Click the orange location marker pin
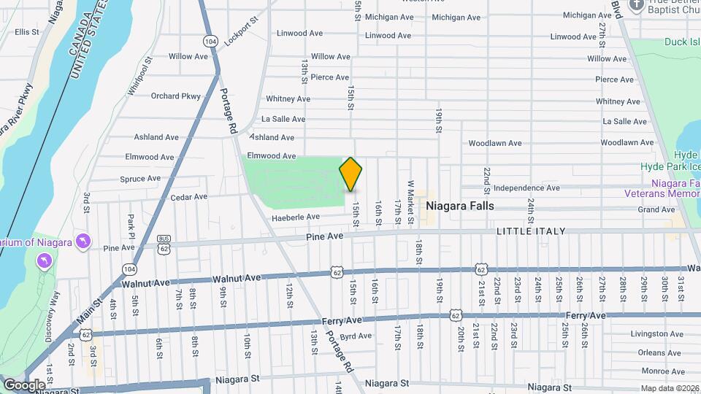tap(350, 174)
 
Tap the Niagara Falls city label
tap(459, 206)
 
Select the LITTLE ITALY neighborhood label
tap(531, 231)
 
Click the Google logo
tap(25, 385)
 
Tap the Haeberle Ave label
tap(296, 217)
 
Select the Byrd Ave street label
tap(356, 336)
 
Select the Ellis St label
tap(26, 32)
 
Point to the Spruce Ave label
tap(140, 179)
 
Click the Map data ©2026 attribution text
tap(670, 388)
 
